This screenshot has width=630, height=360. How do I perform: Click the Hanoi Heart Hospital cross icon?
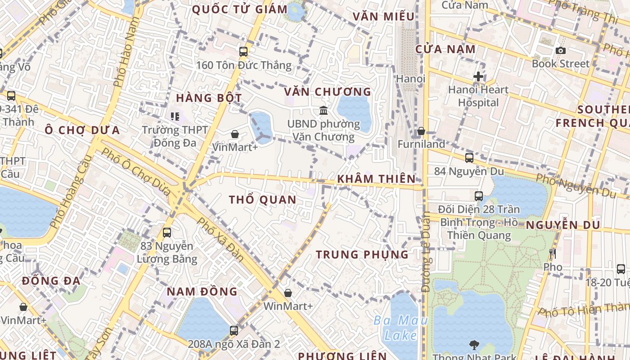(x=478, y=76)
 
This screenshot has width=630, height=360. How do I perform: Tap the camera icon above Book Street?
(x=560, y=50)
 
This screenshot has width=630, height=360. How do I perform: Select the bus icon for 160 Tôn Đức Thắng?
(x=243, y=52)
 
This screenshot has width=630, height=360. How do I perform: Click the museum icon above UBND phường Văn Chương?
(x=323, y=110)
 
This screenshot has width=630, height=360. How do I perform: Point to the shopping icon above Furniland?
(x=421, y=131)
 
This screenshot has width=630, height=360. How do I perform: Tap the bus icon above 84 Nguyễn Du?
(x=469, y=158)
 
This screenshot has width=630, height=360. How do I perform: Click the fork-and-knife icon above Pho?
(x=553, y=254)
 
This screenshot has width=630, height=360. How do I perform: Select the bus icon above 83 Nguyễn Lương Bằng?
(x=167, y=233)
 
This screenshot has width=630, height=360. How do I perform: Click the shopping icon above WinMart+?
(x=288, y=293)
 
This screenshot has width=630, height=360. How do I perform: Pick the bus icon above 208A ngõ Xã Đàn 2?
(x=234, y=331)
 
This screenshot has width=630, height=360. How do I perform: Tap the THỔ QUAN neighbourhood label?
(x=263, y=200)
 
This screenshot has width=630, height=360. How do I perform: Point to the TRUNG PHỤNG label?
(x=362, y=255)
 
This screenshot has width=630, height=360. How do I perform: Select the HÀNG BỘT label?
(x=209, y=98)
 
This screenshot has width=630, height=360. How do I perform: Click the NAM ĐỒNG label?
(x=202, y=292)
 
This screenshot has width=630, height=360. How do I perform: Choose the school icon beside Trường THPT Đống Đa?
(x=175, y=117)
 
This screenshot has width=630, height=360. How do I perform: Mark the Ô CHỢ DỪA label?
(x=82, y=130)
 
